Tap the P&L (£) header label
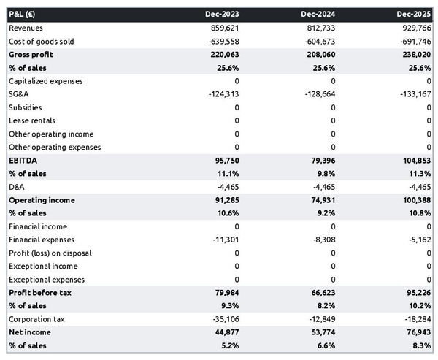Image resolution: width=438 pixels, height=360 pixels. click(x=24, y=14)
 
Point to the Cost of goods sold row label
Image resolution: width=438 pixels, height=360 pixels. click(x=42, y=41)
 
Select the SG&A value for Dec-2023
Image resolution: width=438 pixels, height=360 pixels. click(x=222, y=94)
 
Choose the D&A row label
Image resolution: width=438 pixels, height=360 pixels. click(x=17, y=187)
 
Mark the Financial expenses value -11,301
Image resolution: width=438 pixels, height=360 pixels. click(x=223, y=240)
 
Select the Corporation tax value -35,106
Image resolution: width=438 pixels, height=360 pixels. click(x=223, y=319)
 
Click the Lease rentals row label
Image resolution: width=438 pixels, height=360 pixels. click(x=32, y=120)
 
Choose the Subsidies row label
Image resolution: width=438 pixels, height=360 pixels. click(x=26, y=107)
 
